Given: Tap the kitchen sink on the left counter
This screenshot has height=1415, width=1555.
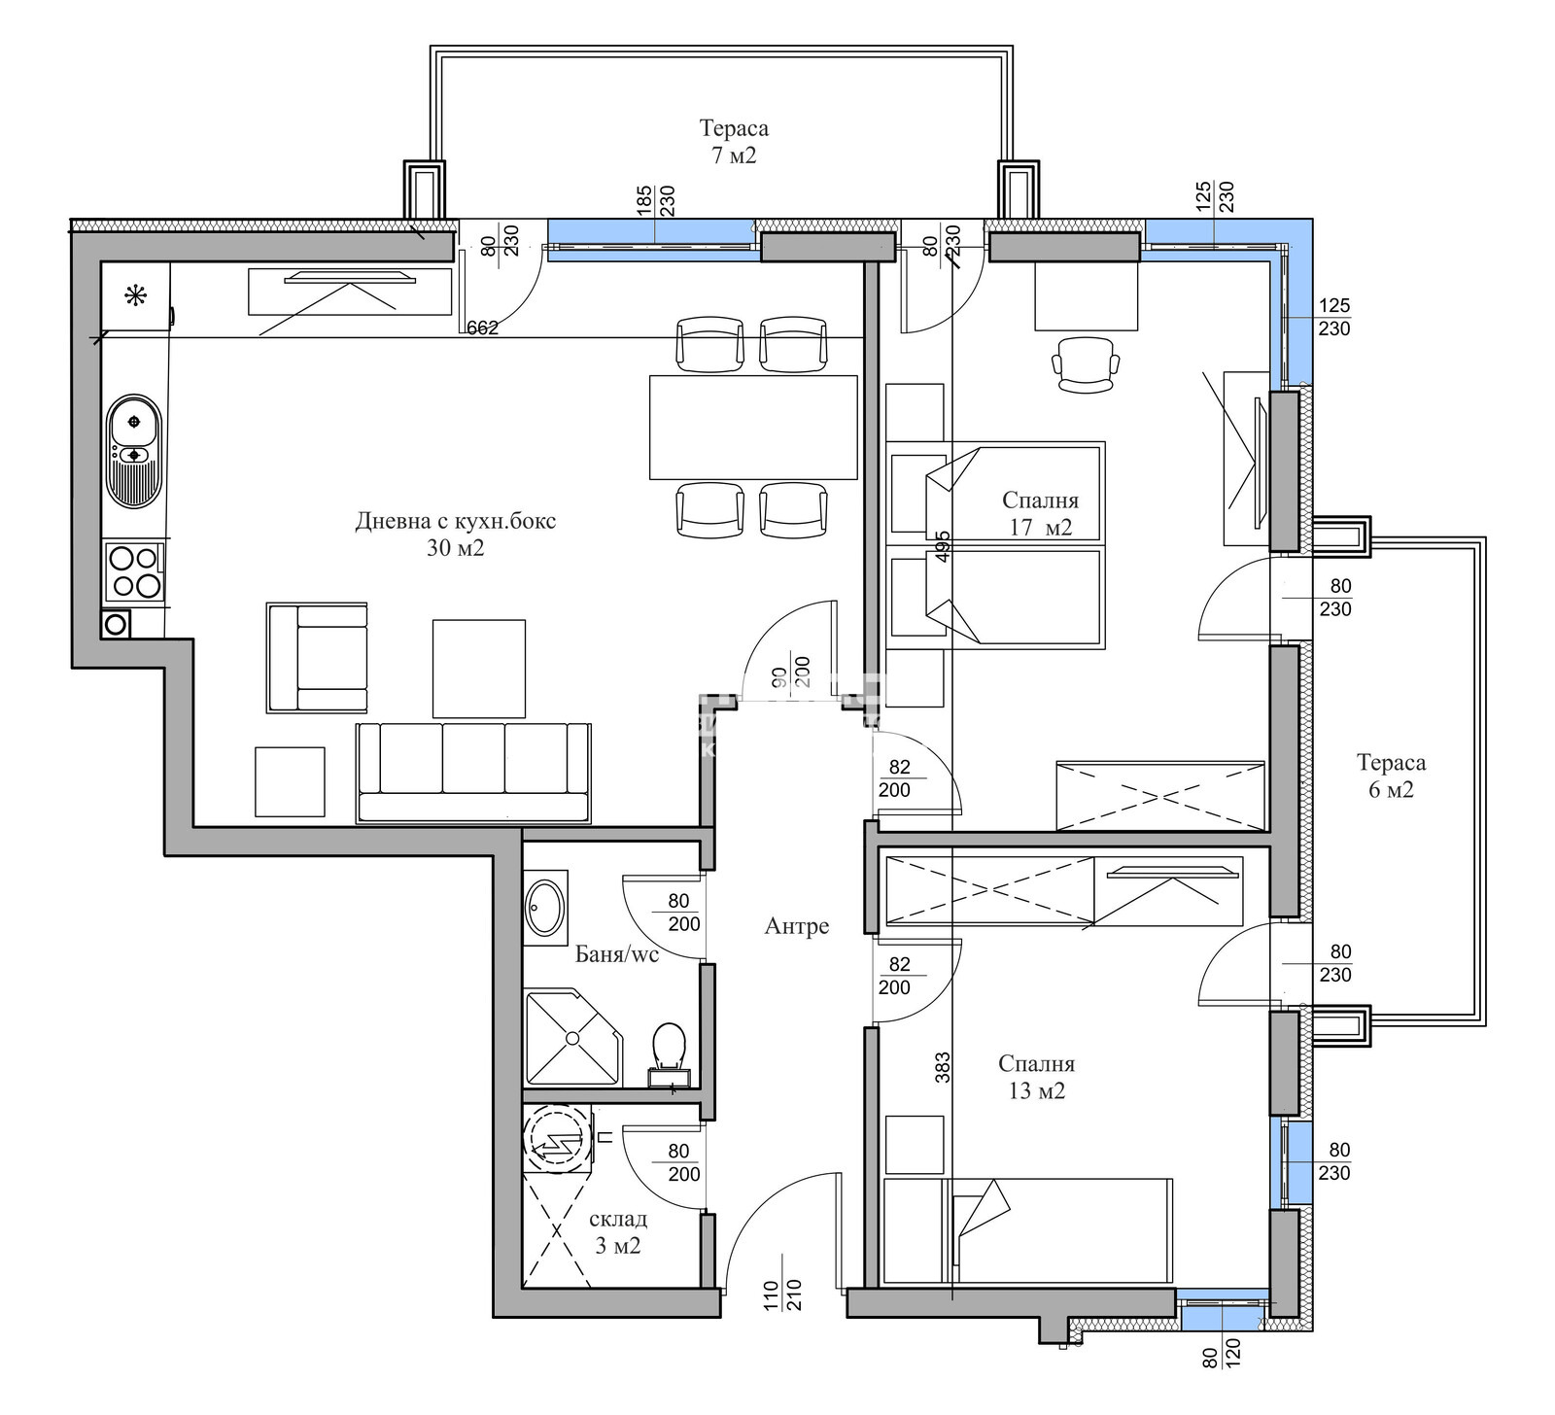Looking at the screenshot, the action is point(133,451).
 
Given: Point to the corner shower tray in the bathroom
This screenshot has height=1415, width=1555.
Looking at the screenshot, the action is point(572,1037).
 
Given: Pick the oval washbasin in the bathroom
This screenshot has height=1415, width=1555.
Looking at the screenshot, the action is point(545,908).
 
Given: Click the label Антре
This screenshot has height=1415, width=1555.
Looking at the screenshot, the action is point(797,926).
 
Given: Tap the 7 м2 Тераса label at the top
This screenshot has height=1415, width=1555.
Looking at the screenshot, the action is point(734,141).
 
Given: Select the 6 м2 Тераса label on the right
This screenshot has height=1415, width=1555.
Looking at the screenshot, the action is point(1392,776).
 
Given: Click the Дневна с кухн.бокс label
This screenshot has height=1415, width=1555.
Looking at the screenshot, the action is point(456,534).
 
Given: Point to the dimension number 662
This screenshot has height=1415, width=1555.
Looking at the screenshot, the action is point(482,328).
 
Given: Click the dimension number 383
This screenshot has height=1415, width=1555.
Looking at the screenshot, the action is point(942,1068).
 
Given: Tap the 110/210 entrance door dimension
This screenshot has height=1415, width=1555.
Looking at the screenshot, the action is point(782,1296).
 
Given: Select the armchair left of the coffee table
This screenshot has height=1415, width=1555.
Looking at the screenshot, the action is point(317,658).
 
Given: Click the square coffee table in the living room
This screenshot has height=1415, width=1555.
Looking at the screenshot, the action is point(479,669).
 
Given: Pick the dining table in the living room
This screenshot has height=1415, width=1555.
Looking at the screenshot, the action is point(753,428).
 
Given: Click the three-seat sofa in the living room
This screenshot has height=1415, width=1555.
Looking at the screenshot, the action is point(473,773).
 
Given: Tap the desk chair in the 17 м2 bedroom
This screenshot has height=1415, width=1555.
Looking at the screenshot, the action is point(1086,364).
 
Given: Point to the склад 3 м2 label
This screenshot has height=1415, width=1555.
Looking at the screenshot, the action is point(617,1232).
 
